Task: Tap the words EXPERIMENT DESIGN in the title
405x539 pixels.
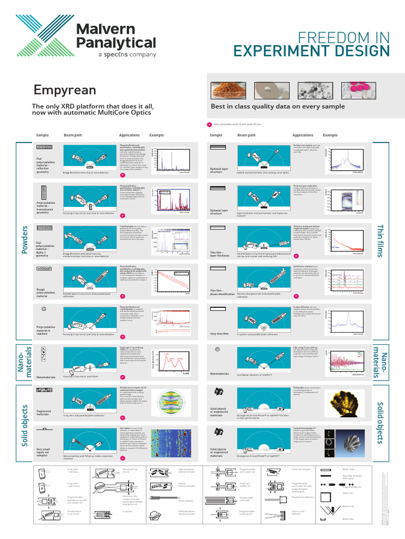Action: pyautogui.click(x=312, y=51)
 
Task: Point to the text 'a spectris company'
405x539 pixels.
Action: pyautogui.click(x=127, y=55)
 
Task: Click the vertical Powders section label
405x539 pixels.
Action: pyautogui.click(x=24, y=240)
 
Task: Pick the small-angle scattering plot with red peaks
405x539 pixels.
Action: pyautogui.click(x=173, y=364)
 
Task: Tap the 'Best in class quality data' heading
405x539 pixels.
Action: pyautogui.click(x=277, y=107)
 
